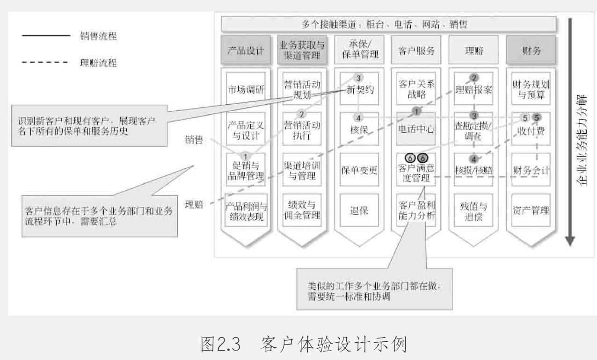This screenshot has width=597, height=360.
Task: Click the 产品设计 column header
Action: coord(246,50)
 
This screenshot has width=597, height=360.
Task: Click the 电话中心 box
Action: coord(416,130)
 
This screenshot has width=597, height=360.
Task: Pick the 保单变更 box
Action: coord(359,170)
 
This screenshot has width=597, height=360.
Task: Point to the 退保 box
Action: coord(359,210)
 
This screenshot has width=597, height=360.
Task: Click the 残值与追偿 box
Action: coord(473,210)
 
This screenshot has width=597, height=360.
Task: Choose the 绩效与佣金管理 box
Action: coord(302,210)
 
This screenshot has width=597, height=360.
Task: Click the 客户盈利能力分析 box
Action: coord(416,210)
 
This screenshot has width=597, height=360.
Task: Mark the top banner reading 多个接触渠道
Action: coord(388,24)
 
